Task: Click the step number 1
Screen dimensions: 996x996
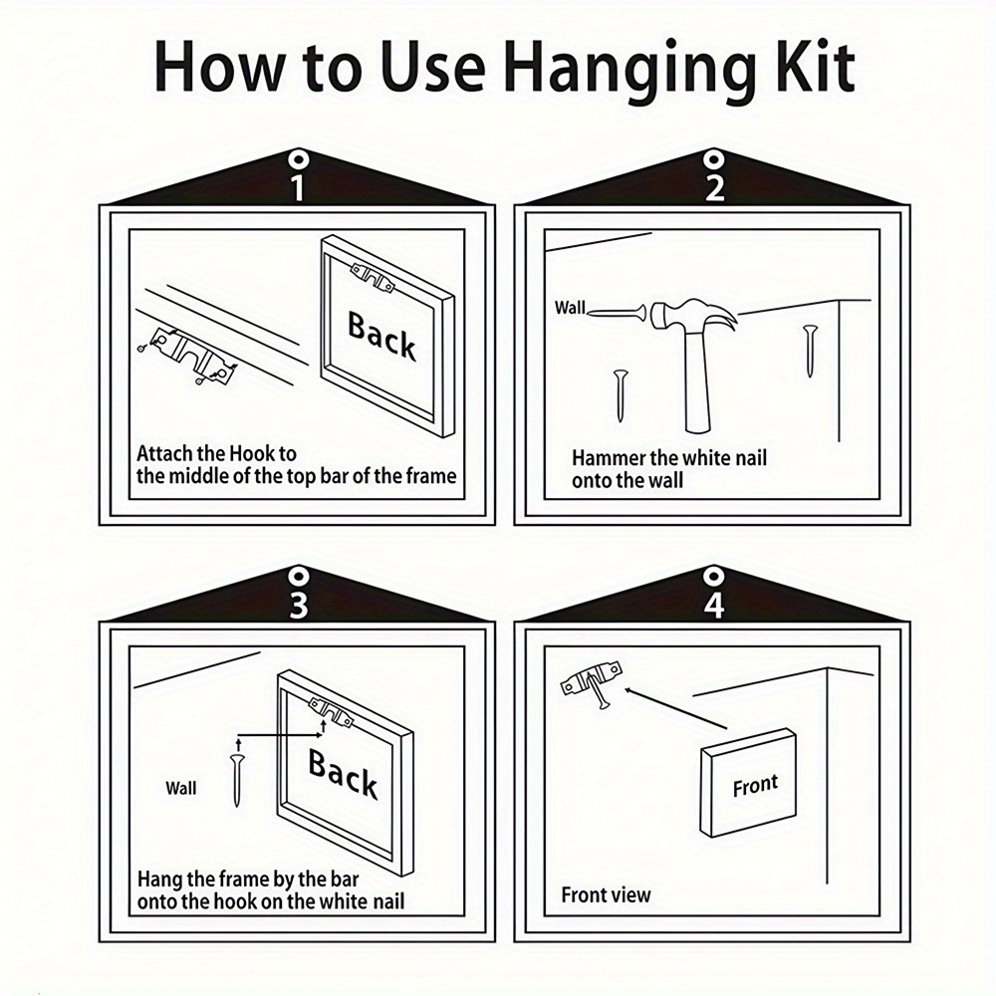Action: (x=297, y=187)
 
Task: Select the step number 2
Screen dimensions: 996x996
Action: (x=714, y=187)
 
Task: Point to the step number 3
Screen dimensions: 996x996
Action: (x=298, y=605)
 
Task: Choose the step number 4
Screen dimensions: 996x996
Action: (x=714, y=605)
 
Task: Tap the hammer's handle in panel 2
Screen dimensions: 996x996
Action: (x=698, y=381)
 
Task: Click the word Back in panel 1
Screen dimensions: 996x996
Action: (x=381, y=336)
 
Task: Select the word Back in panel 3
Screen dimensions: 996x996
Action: (x=343, y=774)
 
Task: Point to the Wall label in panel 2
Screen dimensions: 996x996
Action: (x=569, y=308)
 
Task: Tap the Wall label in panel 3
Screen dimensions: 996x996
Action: (x=181, y=788)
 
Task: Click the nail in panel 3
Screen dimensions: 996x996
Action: (x=238, y=779)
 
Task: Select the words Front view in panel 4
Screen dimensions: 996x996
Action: (x=606, y=895)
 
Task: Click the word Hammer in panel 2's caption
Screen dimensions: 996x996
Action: (x=608, y=457)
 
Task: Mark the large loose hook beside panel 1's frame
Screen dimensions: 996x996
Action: (x=187, y=358)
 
